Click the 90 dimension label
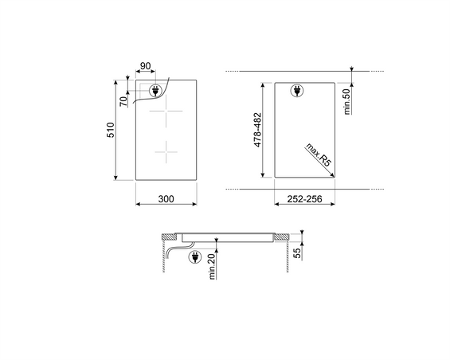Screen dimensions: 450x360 (x=145, y=66)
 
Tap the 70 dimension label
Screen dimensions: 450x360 (x=123, y=101)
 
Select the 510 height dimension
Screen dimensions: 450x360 (x=111, y=130)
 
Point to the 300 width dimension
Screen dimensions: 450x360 (x=166, y=198)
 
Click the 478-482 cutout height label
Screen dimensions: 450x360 (x=258, y=130)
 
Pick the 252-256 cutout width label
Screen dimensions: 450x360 (x=304, y=198)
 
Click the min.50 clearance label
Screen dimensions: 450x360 (x=347, y=102)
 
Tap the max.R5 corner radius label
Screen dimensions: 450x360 (x=319, y=155)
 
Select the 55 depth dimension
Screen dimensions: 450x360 (x=298, y=253)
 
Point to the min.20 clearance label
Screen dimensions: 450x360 (x=212, y=266)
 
